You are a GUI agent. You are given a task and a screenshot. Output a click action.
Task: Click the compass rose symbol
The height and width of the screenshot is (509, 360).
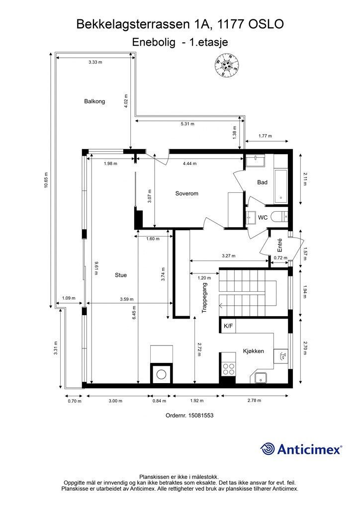(x=227, y=66)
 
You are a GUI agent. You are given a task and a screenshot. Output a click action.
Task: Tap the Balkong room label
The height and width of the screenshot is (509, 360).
(x=94, y=101)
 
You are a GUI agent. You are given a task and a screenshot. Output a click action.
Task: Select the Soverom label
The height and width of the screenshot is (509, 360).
(x=186, y=193)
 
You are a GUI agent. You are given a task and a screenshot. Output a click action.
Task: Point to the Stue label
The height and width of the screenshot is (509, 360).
(x=121, y=275)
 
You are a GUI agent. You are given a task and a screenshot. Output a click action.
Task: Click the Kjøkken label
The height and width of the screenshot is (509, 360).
(x=254, y=351)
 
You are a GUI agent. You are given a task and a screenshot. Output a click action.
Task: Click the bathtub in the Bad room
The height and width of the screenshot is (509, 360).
(x=281, y=186)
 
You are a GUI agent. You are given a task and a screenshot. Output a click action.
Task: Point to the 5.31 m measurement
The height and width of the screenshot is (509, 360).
(x=187, y=124)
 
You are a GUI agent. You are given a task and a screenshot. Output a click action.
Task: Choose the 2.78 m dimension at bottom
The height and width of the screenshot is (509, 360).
(x=254, y=400)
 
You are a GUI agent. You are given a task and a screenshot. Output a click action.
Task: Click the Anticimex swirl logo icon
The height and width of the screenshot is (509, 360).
(x=268, y=449)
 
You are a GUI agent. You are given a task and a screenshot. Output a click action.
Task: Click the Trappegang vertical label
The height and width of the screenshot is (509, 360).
(x=204, y=298)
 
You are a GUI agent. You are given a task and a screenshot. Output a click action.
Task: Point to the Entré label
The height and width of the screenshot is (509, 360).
(x=280, y=245)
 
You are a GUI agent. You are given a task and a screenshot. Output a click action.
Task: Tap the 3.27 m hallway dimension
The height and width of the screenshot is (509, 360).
(x=229, y=256)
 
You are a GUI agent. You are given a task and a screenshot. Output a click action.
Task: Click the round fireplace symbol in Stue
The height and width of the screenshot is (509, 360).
(x=161, y=374)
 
